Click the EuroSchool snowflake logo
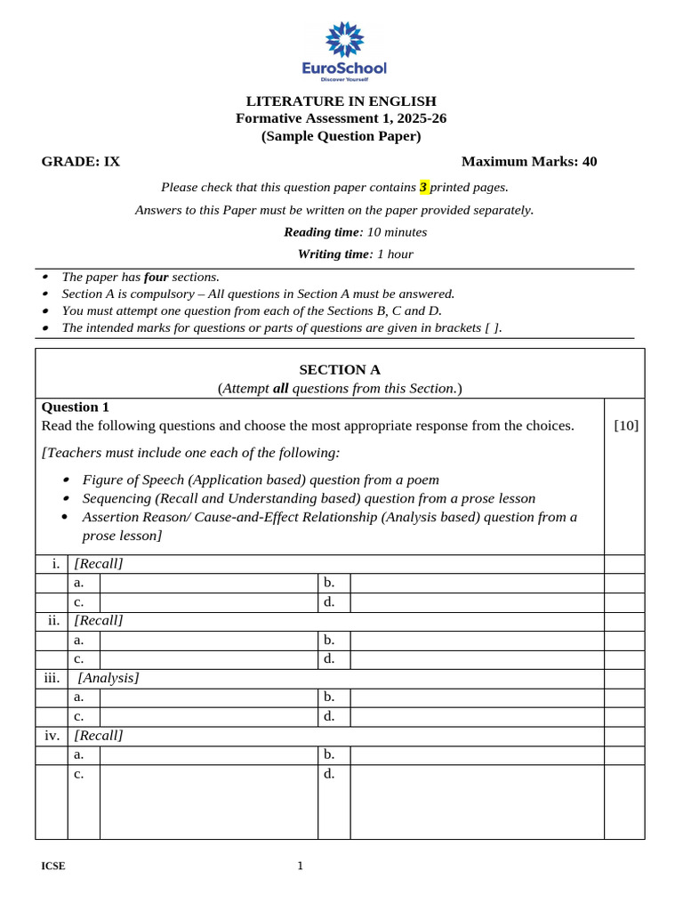click(x=345, y=41)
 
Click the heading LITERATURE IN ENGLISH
click(x=341, y=101)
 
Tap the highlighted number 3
click(x=424, y=188)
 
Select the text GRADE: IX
click(x=81, y=161)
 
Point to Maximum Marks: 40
click(x=529, y=161)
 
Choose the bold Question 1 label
click(x=76, y=407)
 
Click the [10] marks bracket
click(x=626, y=425)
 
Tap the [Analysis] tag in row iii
click(x=108, y=678)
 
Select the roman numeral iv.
click(x=52, y=736)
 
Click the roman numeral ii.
click(x=53, y=620)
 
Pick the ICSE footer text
click(x=52, y=867)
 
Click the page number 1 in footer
click(x=300, y=867)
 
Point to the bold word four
click(x=156, y=278)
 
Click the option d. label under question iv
click(x=329, y=774)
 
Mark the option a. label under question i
click(x=79, y=583)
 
